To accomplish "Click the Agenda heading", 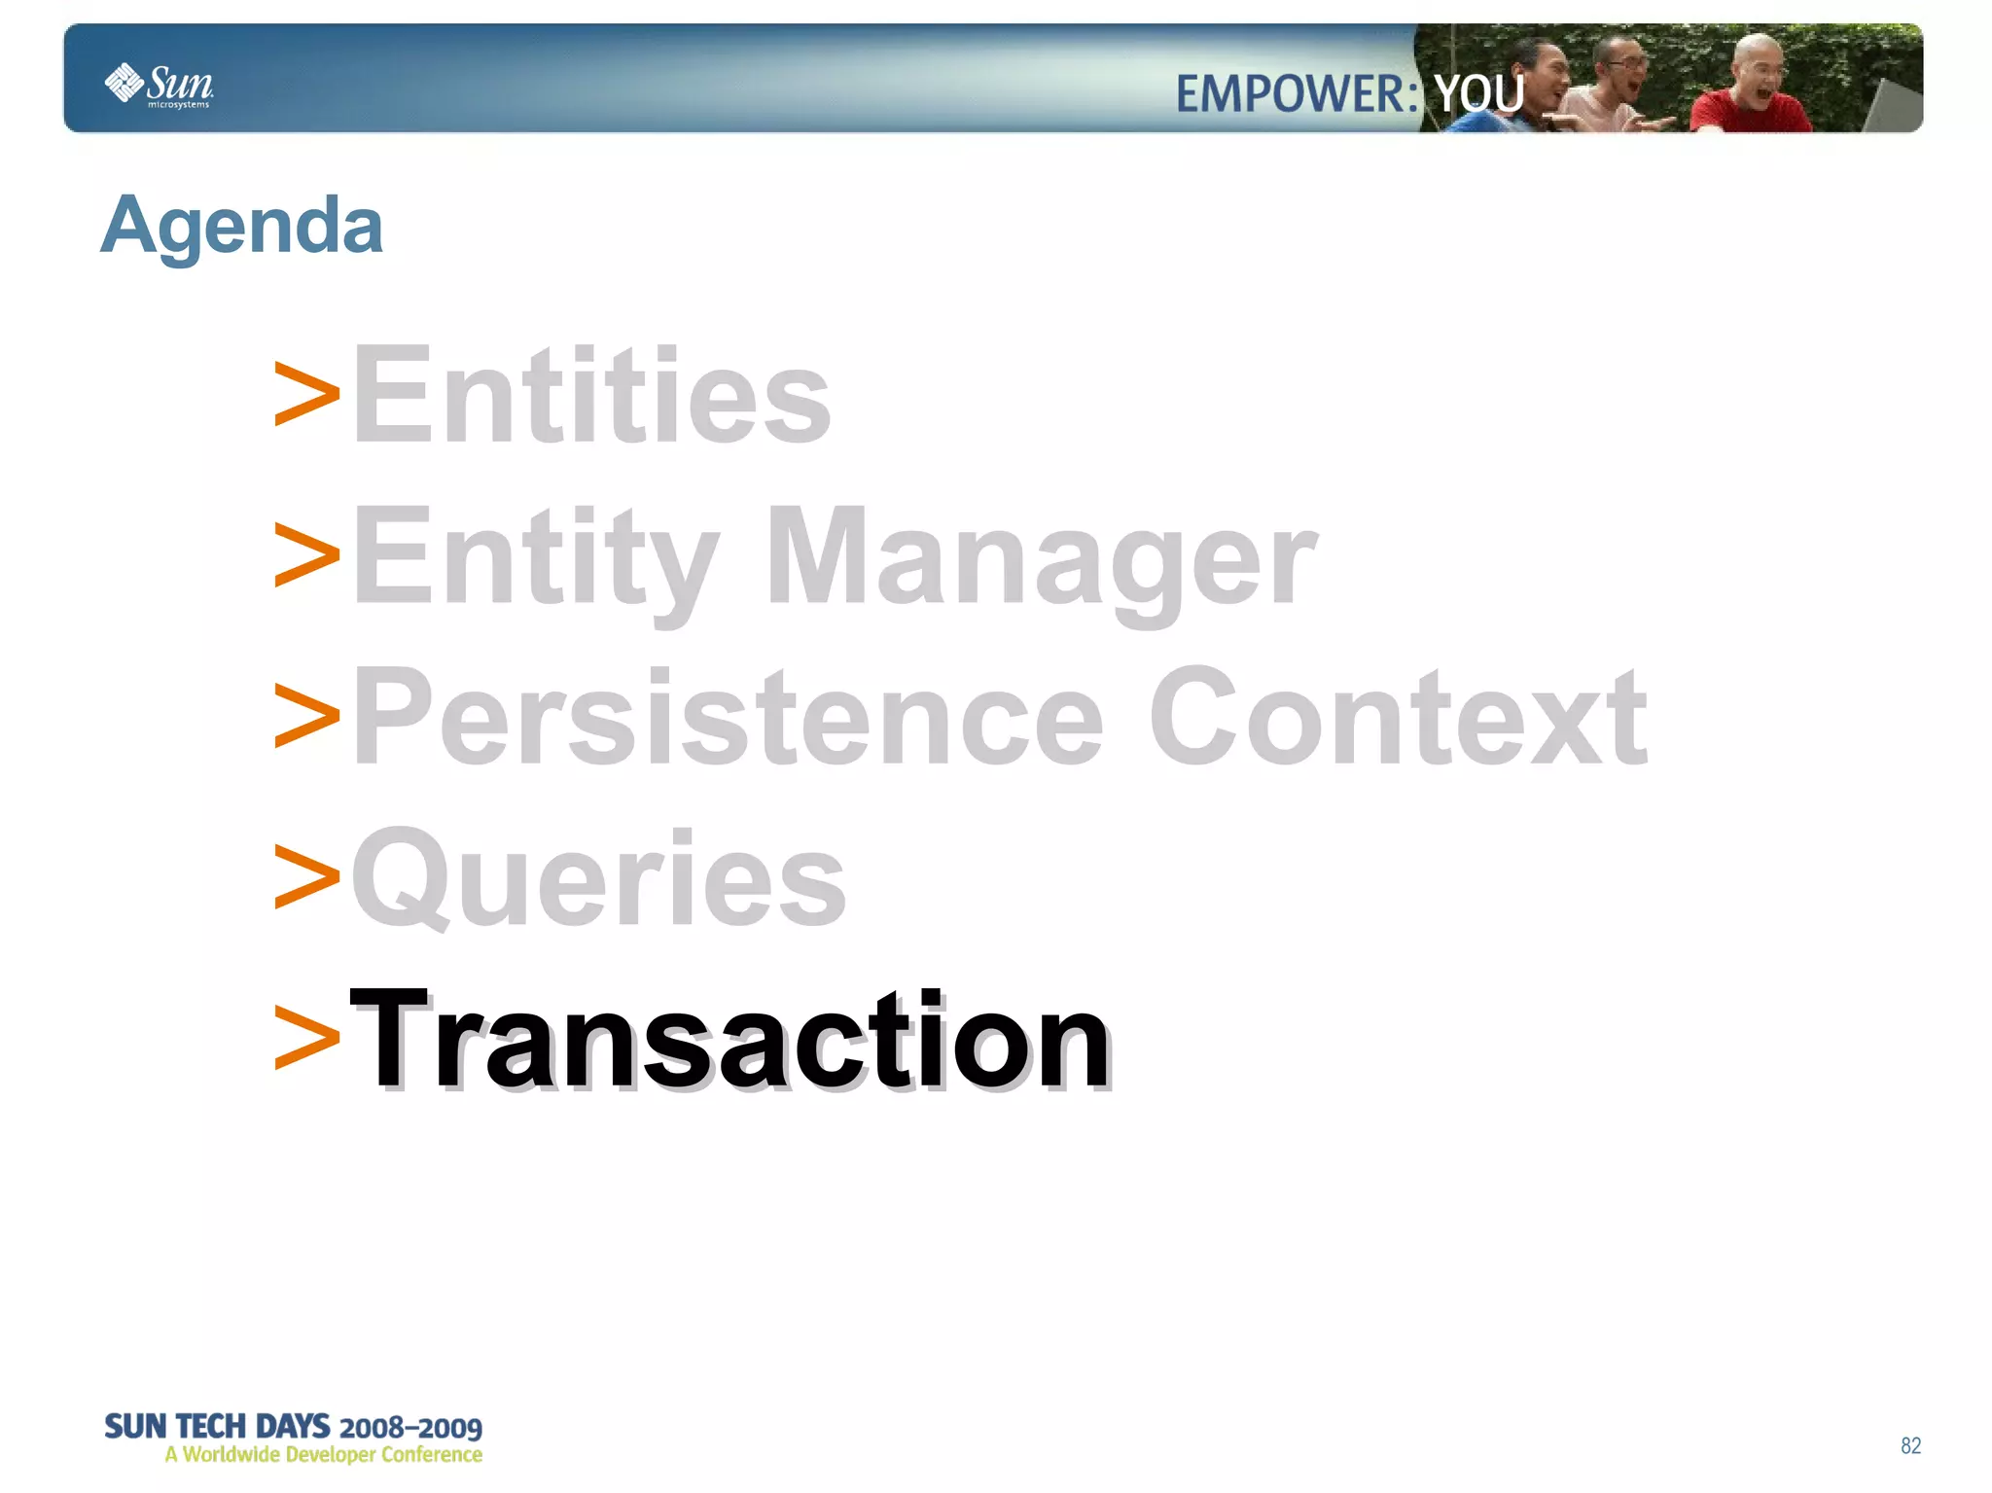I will coord(241,226).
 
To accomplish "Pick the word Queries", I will coord(598,878).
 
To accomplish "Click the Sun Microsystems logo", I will coord(159,85).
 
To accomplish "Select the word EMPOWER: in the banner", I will coord(1297,94).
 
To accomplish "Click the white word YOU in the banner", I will coord(1478,94).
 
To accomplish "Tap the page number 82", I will coord(1910,1445).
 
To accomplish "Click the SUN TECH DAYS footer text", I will coord(217,1426).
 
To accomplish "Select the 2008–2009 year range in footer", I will coord(410,1428).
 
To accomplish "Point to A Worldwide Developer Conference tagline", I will coord(323,1455).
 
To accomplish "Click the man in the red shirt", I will coord(1751,92).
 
